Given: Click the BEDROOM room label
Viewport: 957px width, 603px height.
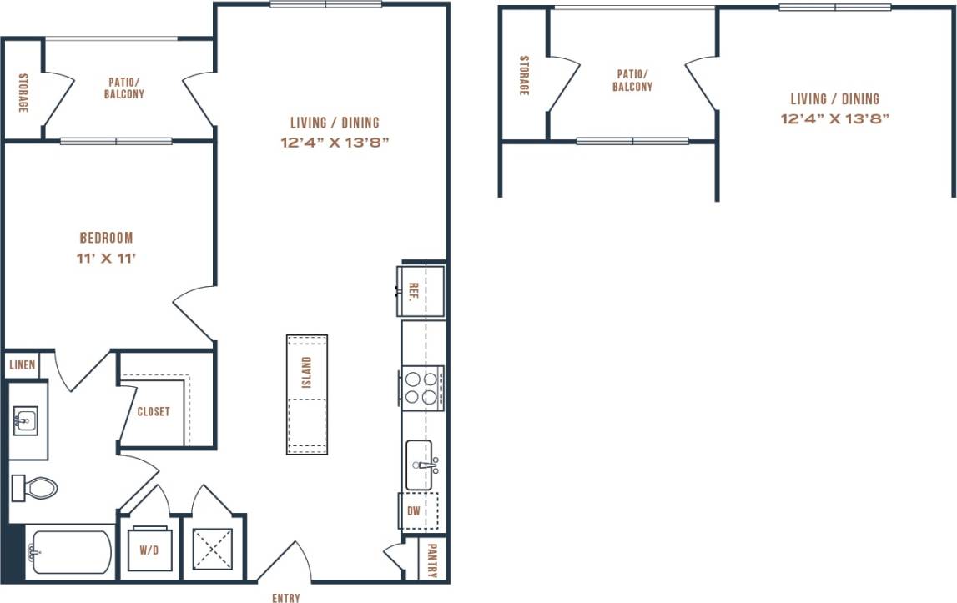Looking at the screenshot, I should [106, 238].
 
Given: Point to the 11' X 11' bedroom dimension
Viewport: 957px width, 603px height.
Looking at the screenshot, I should [106, 258].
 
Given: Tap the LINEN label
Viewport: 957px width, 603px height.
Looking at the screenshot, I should [23, 365].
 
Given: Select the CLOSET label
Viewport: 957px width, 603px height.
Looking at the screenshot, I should [154, 411].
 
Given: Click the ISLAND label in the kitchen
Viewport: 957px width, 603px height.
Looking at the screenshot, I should [307, 372].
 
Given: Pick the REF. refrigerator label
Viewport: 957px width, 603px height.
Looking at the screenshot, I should [413, 292].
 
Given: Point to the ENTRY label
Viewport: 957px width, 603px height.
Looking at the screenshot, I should [286, 597].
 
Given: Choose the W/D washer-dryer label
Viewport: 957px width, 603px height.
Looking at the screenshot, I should [149, 551].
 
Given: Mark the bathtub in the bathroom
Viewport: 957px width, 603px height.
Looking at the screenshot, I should [70, 551].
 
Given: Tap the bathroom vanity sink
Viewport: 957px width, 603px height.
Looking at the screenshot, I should [25, 421].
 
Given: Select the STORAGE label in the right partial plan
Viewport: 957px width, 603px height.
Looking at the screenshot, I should [524, 76].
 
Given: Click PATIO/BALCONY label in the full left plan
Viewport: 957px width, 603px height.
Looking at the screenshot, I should [124, 88].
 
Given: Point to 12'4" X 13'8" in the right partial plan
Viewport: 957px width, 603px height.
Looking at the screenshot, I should [834, 118].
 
